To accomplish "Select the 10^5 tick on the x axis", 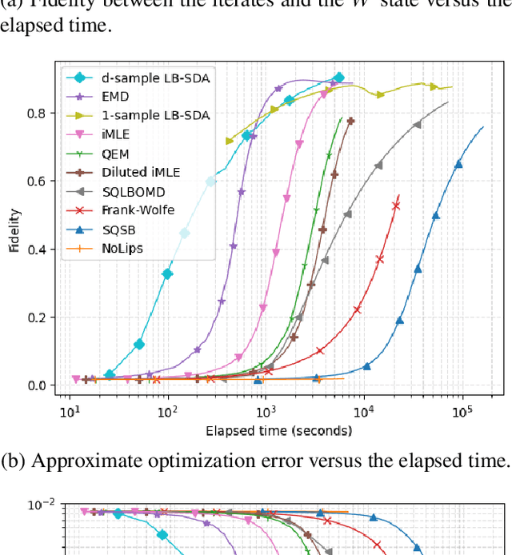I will click(x=462, y=413).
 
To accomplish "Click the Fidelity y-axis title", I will click(x=15, y=230).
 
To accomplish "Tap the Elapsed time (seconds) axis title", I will click(x=278, y=431).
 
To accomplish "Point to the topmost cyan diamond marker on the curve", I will click(x=338, y=78).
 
